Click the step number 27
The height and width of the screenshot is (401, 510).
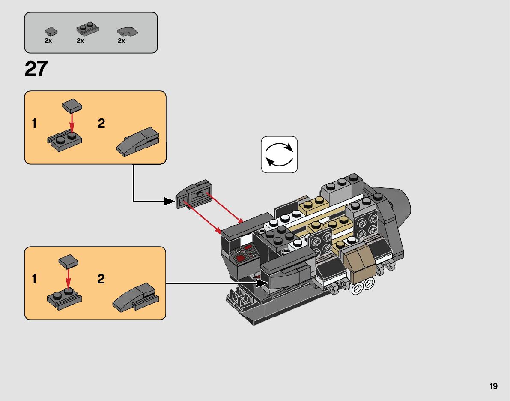point(36,69)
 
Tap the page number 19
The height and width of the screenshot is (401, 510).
point(493,386)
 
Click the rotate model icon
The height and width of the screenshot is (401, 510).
point(279,155)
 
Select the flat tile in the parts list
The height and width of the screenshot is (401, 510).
point(51,32)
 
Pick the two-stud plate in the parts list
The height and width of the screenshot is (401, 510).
point(87,29)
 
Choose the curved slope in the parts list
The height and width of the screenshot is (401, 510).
point(128,32)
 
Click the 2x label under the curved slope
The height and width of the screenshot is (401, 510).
point(121,41)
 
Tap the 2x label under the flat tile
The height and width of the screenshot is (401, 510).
point(48,41)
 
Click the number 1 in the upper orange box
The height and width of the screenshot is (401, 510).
point(34,124)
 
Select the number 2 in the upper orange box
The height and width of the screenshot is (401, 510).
point(101,123)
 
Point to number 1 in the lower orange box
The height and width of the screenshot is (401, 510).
point(34,279)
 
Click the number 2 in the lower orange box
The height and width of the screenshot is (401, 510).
point(101,279)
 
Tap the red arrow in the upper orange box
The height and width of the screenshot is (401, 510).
point(72,123)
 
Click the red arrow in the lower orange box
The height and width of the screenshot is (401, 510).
point(68,278)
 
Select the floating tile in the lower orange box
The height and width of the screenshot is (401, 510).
point(69,262)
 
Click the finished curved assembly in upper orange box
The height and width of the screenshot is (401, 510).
point(138,142)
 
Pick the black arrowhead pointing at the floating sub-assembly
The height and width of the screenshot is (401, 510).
point(169,201)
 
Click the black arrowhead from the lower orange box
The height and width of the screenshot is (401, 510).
point(262,283)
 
